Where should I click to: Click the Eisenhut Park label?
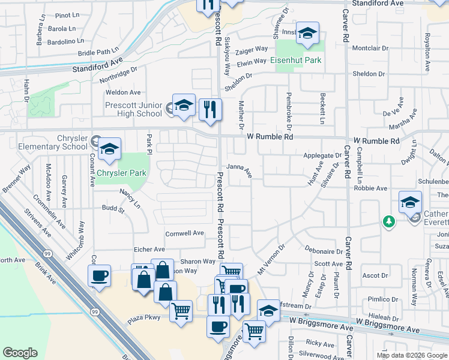point(295,61)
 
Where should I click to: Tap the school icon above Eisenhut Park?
point(307,34)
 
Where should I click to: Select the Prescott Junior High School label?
point(133,109)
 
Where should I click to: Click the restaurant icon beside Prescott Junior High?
point(210,110)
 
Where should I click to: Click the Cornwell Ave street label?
point(184,233)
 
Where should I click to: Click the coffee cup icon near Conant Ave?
point(99,277)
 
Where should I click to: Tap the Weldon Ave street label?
point(122,92)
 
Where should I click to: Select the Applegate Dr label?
point(322,155)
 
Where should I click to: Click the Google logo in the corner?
point(20,353)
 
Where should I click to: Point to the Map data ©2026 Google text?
point(412,355)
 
